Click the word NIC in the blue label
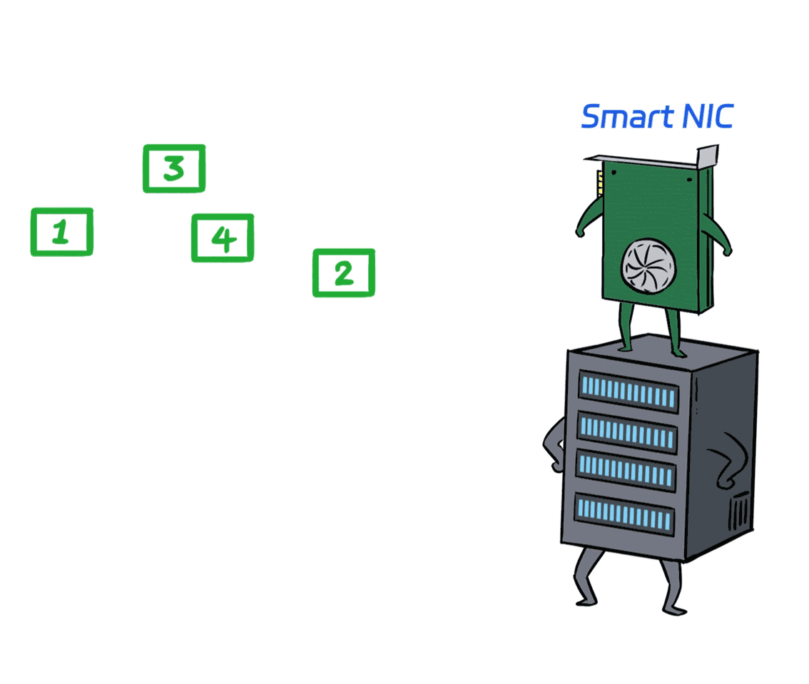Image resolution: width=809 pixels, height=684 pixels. [x=708, y=116]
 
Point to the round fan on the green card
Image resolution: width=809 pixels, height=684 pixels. [x=648, y=267]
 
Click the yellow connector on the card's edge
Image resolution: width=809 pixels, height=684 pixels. [x=600, y=183]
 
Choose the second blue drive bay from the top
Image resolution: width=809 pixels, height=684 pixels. [x=627, y=432]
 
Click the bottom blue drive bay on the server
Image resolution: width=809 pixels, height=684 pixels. [x=624, y=514]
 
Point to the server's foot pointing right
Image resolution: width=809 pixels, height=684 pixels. [x=675, y=611]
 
